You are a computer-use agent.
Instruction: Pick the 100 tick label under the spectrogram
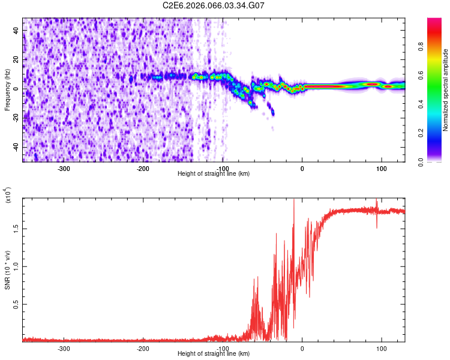point(381,167)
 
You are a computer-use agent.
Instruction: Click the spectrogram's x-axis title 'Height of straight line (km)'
point(214,173)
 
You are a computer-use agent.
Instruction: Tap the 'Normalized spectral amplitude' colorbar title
point(446,90)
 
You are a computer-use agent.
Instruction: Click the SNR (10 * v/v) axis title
point(7,270)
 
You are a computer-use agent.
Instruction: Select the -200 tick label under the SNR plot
point(143,347)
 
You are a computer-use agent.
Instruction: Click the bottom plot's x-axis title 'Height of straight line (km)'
point(214,353)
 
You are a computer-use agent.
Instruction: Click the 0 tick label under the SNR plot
point(302,347)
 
